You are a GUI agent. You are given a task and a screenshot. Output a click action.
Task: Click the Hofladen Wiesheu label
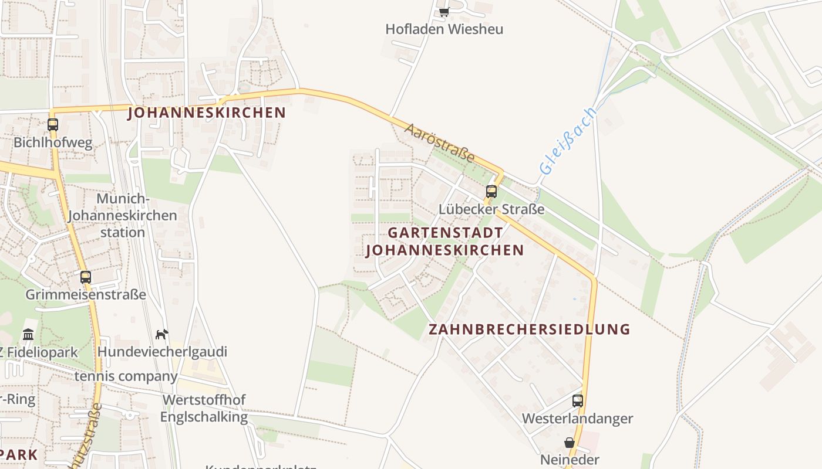[x=444, y=29]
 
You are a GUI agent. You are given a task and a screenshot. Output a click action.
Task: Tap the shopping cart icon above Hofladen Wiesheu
[x=444, y=12]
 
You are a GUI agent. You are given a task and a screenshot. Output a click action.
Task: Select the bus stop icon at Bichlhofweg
[x=53, y=124]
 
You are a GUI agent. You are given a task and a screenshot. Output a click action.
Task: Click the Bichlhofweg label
[x=53, y=142]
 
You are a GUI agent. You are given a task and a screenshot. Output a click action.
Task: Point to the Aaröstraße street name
[x=439, y=142]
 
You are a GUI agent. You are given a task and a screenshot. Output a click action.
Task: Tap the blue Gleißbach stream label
[x=568, y=141]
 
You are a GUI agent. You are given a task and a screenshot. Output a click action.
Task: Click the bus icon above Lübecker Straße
[x=491, y=191]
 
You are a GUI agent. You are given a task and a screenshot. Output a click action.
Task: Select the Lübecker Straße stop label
[x=491, y=209]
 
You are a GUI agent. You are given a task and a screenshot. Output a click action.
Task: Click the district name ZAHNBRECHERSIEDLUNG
[x=529, y=329]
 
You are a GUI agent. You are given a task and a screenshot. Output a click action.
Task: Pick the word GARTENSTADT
[x=445, y=233]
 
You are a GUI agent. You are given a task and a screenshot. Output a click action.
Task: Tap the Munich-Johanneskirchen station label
[x=122, y=215]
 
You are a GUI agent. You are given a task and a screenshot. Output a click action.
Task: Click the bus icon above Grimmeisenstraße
[x=86, y=277]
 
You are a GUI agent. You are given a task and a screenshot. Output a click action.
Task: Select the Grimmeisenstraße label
[x=86, y=294]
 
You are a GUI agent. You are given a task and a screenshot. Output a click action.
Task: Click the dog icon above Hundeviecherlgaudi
[x=161, y=334]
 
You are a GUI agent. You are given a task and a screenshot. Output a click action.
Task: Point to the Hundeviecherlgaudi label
[x=162, y=352]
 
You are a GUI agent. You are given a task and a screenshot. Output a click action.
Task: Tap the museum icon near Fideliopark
[x=28, y=335]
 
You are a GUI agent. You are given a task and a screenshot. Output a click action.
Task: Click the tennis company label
[x=126, y=376]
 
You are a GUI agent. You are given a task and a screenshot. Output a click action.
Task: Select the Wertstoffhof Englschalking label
[x=204, y=408]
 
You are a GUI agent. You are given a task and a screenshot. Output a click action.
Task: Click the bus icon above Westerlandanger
[x=578, y=400]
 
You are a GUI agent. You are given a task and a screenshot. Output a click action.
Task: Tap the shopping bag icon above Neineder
[x=570, y=442]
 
